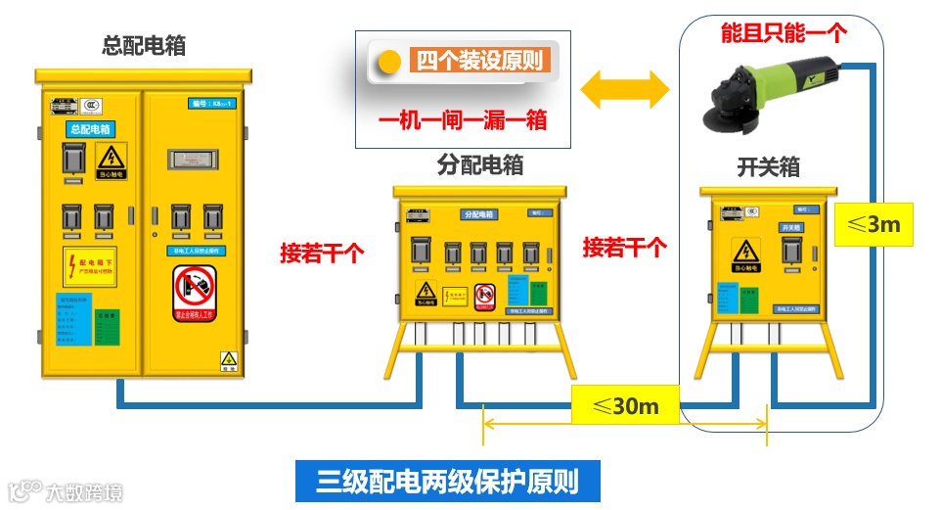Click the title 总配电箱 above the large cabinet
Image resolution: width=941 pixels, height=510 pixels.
[144, 45]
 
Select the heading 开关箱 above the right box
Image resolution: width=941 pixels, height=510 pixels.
[768, 167]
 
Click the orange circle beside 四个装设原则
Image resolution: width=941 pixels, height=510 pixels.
[390, 62]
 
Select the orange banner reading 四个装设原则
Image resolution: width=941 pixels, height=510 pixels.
[479, 61]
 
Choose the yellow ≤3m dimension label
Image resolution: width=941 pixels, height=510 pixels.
[874, 224]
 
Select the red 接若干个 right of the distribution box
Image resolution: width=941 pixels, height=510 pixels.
[625, 247]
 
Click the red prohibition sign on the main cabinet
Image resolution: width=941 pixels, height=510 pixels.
[194, 291]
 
